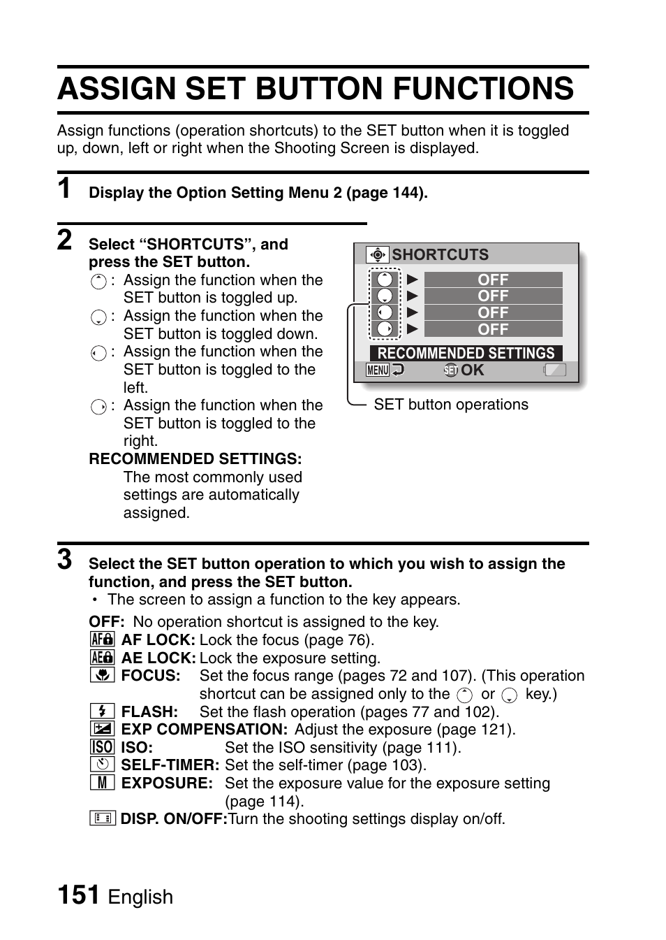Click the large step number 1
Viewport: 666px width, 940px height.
click(x=65, y=189)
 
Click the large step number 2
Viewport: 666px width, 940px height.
click(x=65, y=240)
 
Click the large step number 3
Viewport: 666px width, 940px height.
click(x=65, y=559)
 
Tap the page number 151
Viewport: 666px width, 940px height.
click(x=77, y=895)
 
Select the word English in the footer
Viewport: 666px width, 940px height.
click(x=140, y=897)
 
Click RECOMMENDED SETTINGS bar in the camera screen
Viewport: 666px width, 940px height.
click(x=466, y=353)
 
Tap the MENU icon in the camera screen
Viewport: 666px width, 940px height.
click(x=378, y=370)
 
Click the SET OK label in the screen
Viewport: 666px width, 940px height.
click(x=464, y=370)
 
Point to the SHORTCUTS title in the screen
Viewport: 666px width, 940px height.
click(x=440, y=254)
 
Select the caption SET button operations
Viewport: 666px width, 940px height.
click(x=451, y=405)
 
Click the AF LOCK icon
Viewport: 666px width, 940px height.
click(x=102, y=639)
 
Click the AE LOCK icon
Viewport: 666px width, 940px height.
click(x=102, y=658)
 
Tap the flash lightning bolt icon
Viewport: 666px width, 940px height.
click(x=102, y=711)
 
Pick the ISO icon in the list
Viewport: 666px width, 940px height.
click(x=102, y=747)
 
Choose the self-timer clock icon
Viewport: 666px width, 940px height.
click(x=102, y=765)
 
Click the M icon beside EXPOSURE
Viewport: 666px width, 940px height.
click(x=102, y=783)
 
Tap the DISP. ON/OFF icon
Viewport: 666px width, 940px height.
click(x=102, y=818)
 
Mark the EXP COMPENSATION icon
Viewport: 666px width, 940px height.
click(x=102, y=729)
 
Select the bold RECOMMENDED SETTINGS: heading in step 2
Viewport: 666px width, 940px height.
click(x=195, y=459)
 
